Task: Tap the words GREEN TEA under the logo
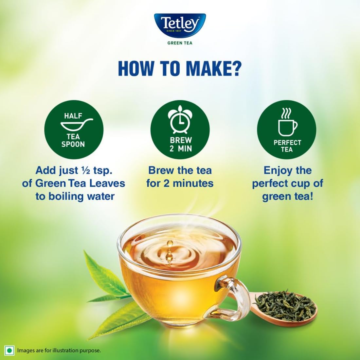(180, 43)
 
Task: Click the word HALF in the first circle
(73, 116)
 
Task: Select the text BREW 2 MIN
(180, 144)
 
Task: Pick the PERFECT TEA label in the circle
(287, 146)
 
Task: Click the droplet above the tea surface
(170, 244)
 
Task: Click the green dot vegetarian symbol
(10, 351)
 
